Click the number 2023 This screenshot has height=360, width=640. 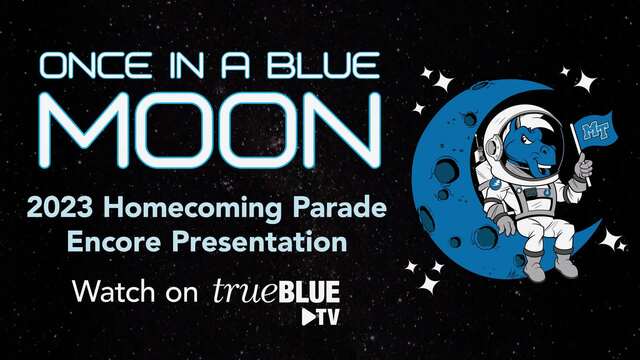tap(60, 207)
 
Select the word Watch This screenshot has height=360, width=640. tap(114, 291)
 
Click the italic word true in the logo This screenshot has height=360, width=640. tap(241, 291)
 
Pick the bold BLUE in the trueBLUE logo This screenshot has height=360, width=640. tap(305, 291)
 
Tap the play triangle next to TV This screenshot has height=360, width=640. tap(308, 317)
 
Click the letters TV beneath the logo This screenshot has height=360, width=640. tap(328, 317)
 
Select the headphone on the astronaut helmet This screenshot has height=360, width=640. tap(493, 146)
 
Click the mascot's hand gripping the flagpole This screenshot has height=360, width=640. tap(583, 168)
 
